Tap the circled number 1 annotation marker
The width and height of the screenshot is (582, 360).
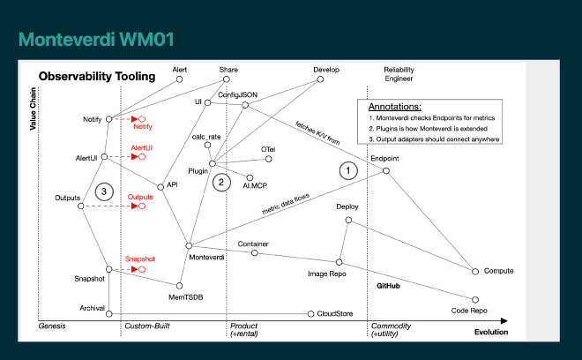pos(349,169)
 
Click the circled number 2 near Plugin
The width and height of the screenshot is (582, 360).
pos(223,183)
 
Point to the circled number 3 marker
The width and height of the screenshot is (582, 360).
pos(103,191)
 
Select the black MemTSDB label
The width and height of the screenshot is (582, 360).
pos(186,297)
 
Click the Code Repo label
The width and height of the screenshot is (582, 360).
pos(469,311)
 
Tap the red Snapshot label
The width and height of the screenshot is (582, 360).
pos(139,259)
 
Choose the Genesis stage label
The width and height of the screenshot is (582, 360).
pos(54,326)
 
